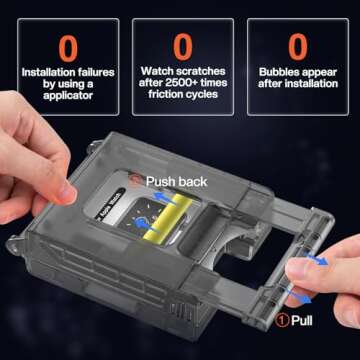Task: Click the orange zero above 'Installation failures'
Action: tap(68, 47)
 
